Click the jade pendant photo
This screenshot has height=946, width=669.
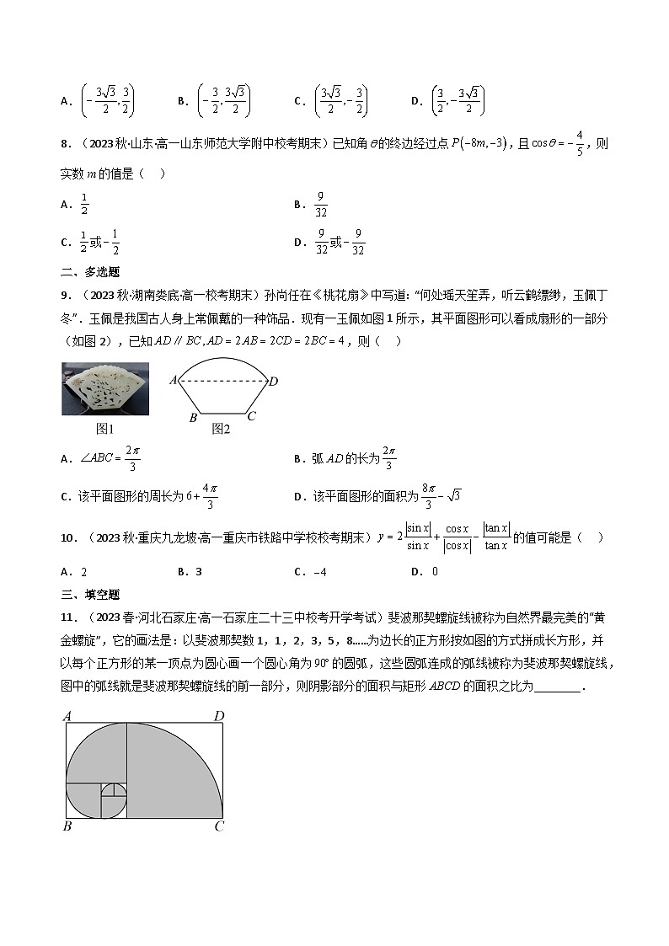tap(105, 389)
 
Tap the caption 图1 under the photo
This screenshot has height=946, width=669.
tap(105, 429)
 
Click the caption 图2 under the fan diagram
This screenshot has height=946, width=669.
tap(221, 429)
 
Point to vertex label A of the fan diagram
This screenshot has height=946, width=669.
tap(173, 380)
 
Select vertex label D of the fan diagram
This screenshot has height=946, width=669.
tap(273, 382)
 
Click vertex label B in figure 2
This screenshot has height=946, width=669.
tap(193, 417)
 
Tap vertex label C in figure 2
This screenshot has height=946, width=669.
tap(251, 416)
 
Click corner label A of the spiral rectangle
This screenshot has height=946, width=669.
tap(67, 717)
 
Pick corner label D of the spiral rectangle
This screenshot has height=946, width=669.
tap(218, 717)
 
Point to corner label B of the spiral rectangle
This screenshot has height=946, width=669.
tap(67, 826)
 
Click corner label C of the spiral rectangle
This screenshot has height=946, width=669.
tap(219, 826)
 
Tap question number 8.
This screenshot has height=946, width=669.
tap(65, 144)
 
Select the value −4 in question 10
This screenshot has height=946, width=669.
tap(311, 572)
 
